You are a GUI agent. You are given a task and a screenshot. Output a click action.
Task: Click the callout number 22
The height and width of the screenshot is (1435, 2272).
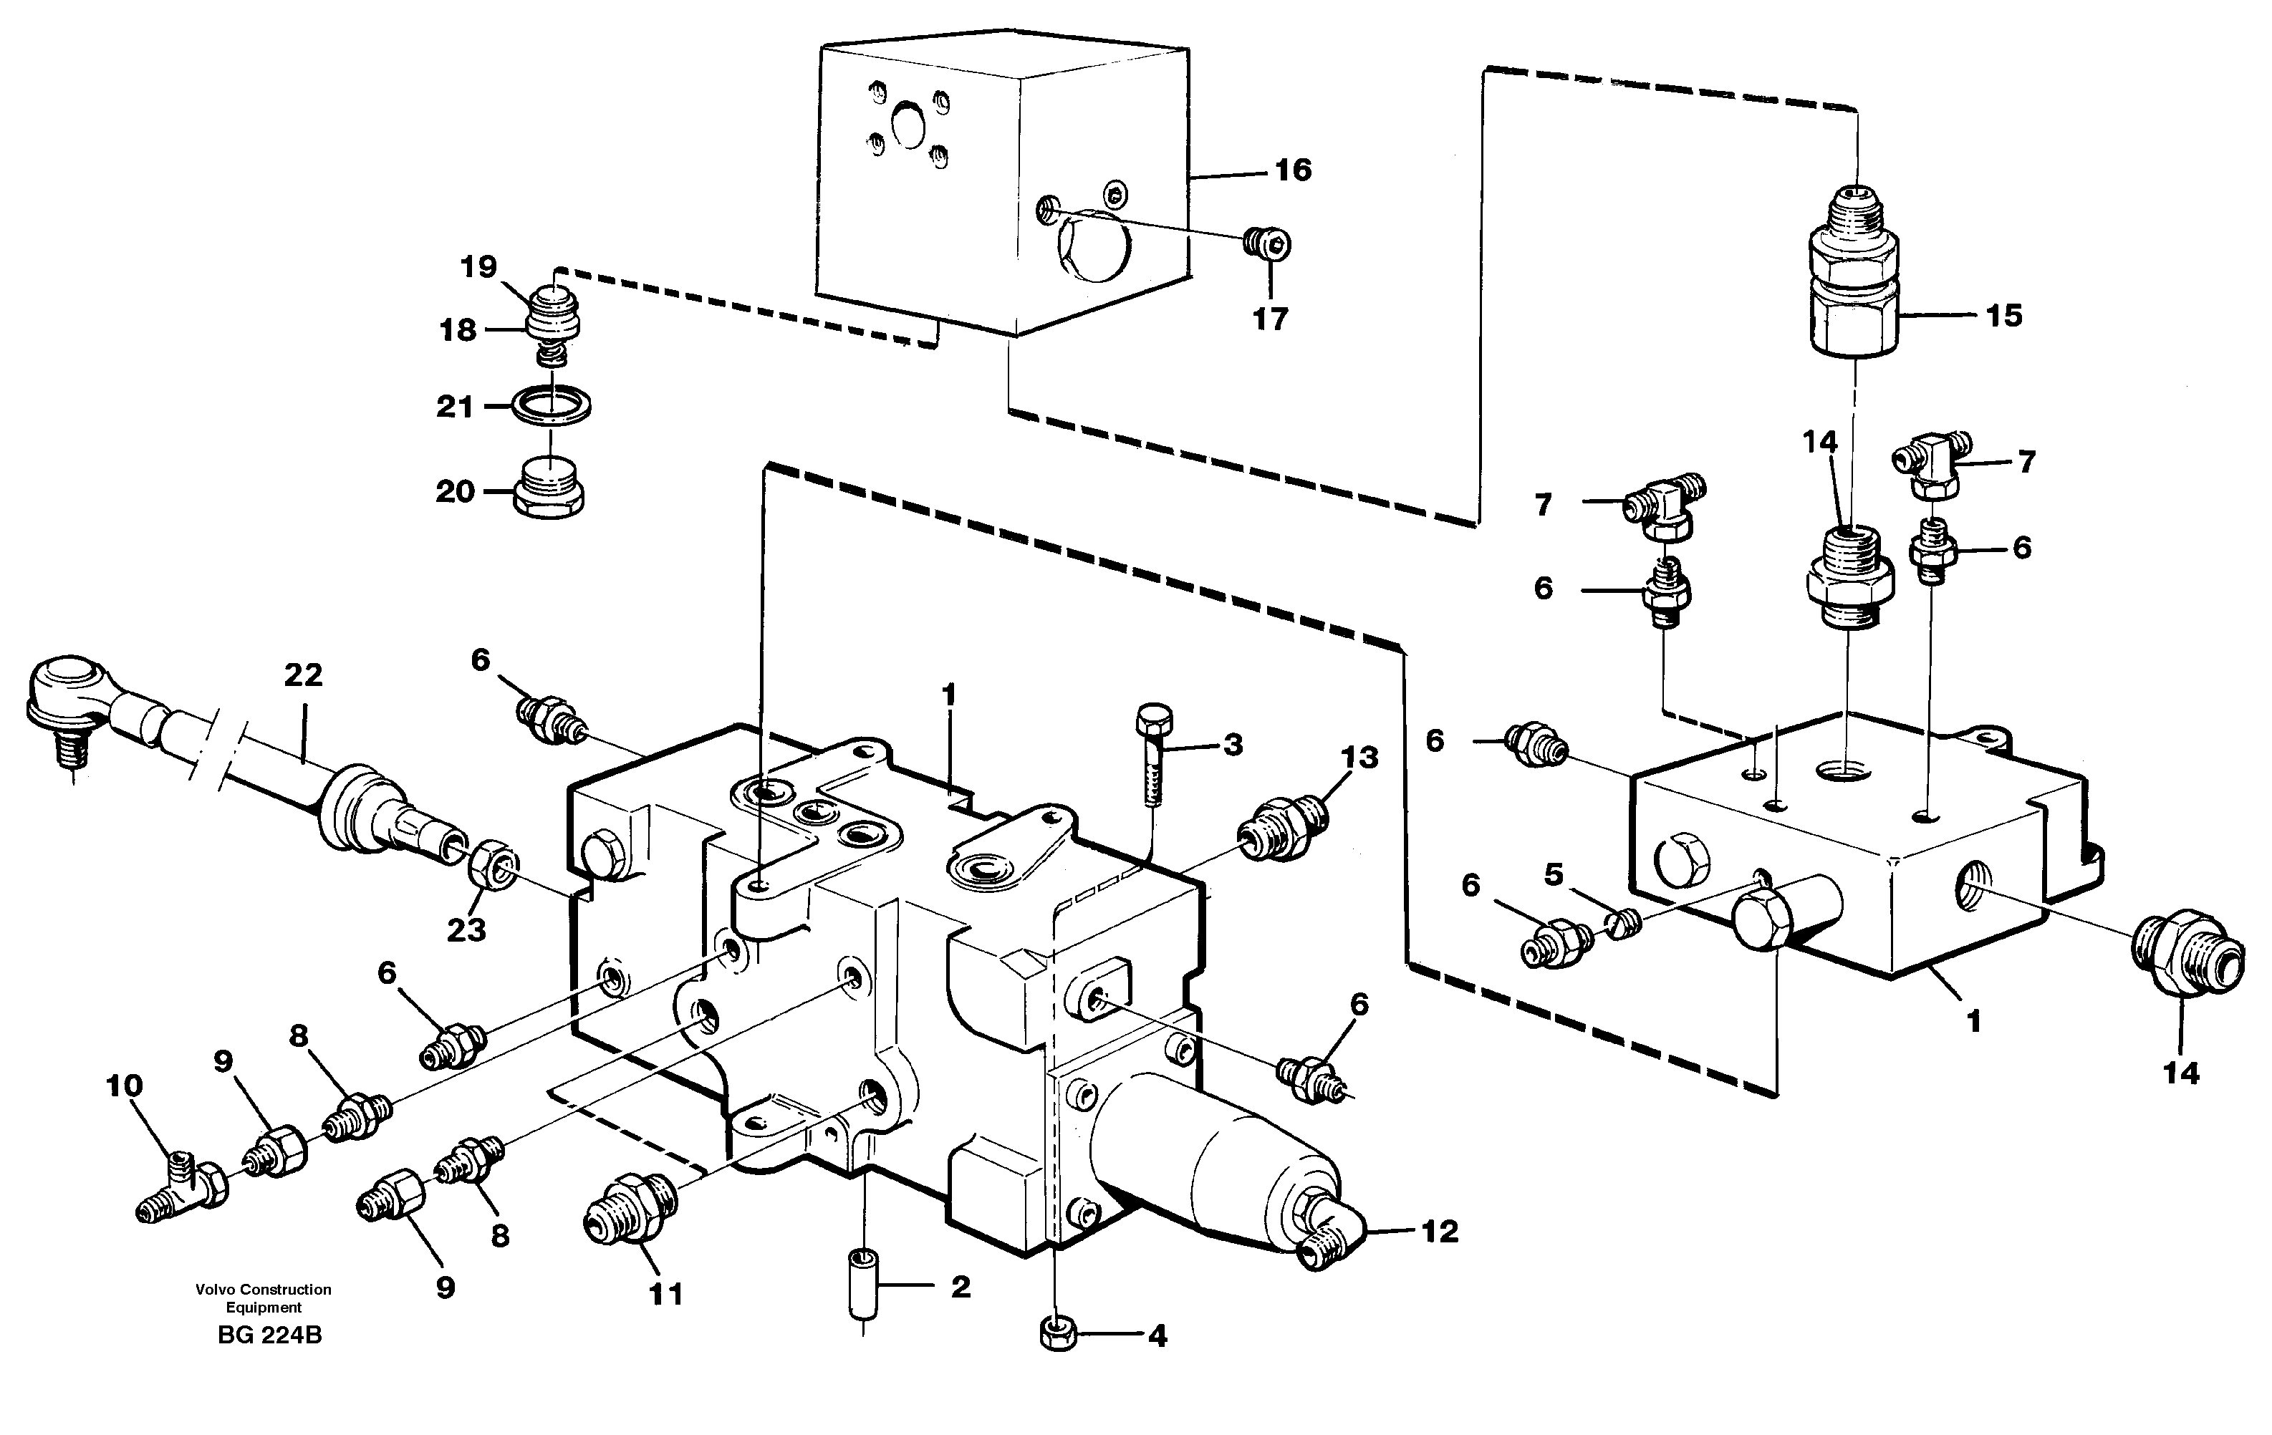point(303,675)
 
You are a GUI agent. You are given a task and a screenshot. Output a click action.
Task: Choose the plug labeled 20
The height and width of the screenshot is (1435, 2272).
point(551,491)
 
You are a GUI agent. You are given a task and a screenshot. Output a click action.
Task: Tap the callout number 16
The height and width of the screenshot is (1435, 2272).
point(1293,170)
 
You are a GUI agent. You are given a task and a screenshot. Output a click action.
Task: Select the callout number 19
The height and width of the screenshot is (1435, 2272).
point(478,267)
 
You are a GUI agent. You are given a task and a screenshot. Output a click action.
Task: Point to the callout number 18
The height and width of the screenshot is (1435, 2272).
point(458,330)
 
